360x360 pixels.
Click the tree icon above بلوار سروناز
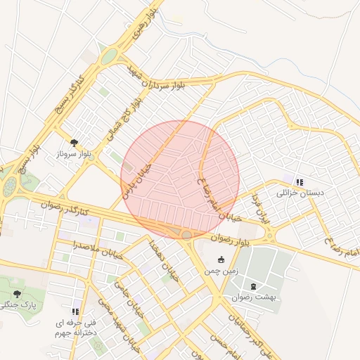[74, 142]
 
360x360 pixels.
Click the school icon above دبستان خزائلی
[299, 181]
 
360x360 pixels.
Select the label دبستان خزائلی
[298, 193]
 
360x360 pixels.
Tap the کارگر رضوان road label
[65, 207]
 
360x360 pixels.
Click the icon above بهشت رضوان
[253, 286]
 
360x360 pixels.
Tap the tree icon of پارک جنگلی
[17, 294]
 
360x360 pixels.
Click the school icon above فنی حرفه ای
[75, 311]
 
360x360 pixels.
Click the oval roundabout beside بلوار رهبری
[108, 57]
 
